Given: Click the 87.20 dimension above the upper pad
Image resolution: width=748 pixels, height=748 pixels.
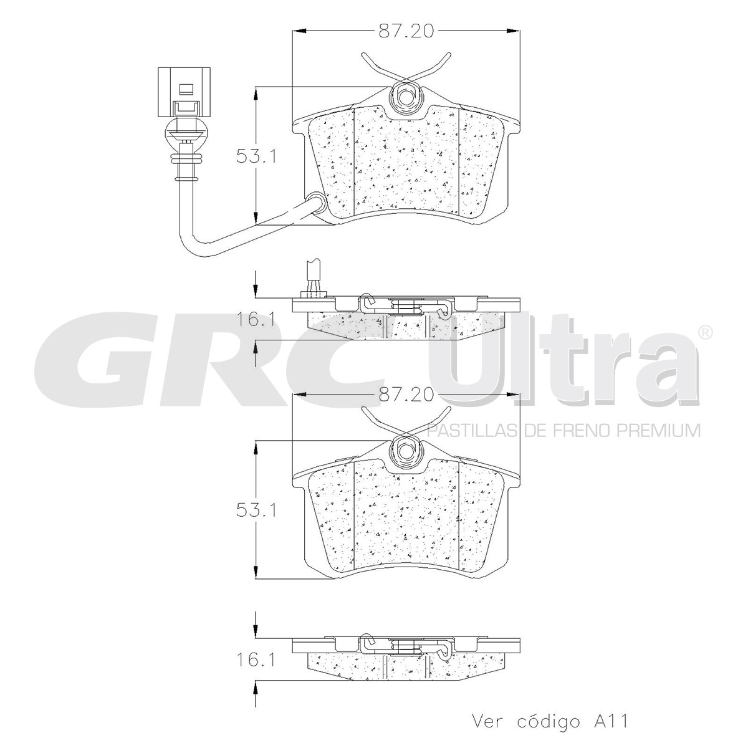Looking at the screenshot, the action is coord(406,31).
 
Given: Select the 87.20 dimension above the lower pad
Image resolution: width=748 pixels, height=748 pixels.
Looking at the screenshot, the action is coord(406,395).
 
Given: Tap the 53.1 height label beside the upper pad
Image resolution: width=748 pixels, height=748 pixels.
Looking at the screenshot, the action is coord(257,156).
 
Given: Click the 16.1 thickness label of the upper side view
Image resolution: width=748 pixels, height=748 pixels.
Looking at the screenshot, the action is coord(257,320).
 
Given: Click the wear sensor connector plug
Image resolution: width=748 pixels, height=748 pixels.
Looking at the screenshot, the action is coord(184,92).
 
